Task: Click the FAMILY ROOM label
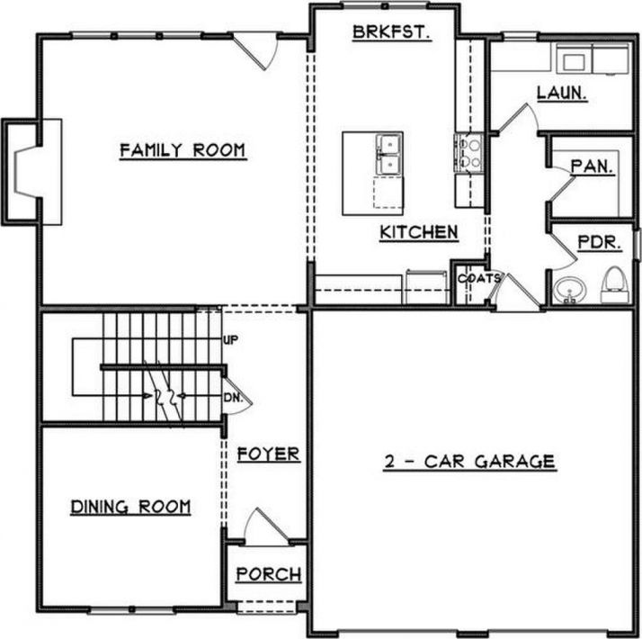(183, 150)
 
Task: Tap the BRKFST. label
(391, 31)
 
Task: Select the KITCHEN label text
(419, 232)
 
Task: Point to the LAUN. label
(562, 92)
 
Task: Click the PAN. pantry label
(593, 166)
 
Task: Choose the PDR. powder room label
(594, 243)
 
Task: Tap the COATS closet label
(478, 278)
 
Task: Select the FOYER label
(268, 454)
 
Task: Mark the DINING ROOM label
(130, 508)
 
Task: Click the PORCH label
(269, 574)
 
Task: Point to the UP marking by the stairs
(229, 340)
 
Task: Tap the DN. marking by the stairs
(230, 396)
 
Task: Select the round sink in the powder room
(568, 290)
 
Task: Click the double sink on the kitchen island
(387, 153)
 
